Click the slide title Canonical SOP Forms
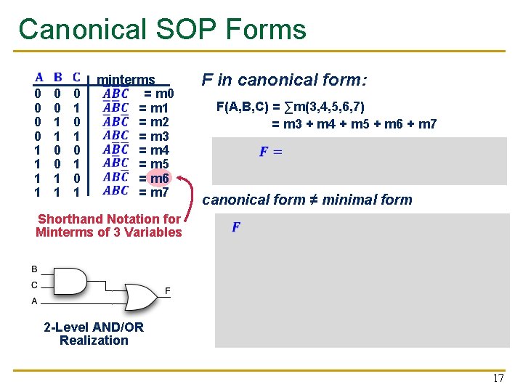[x=163, y=29]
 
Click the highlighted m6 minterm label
[x=159, y=179]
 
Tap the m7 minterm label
[x=159, y=192]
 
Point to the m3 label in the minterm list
[x=159, y=136]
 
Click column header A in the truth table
[x=38, y=77]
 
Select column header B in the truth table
[x=57, y=77]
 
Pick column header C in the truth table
[x=76, y=77]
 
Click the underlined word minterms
[x=126, y=80]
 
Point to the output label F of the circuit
[x=168, y=291]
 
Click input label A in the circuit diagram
[x=34, y=301]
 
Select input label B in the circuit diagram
[x=34, y=270]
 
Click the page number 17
[x=498, y=378]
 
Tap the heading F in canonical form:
[x=285, y=80]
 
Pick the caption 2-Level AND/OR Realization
[x=94, y=334]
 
